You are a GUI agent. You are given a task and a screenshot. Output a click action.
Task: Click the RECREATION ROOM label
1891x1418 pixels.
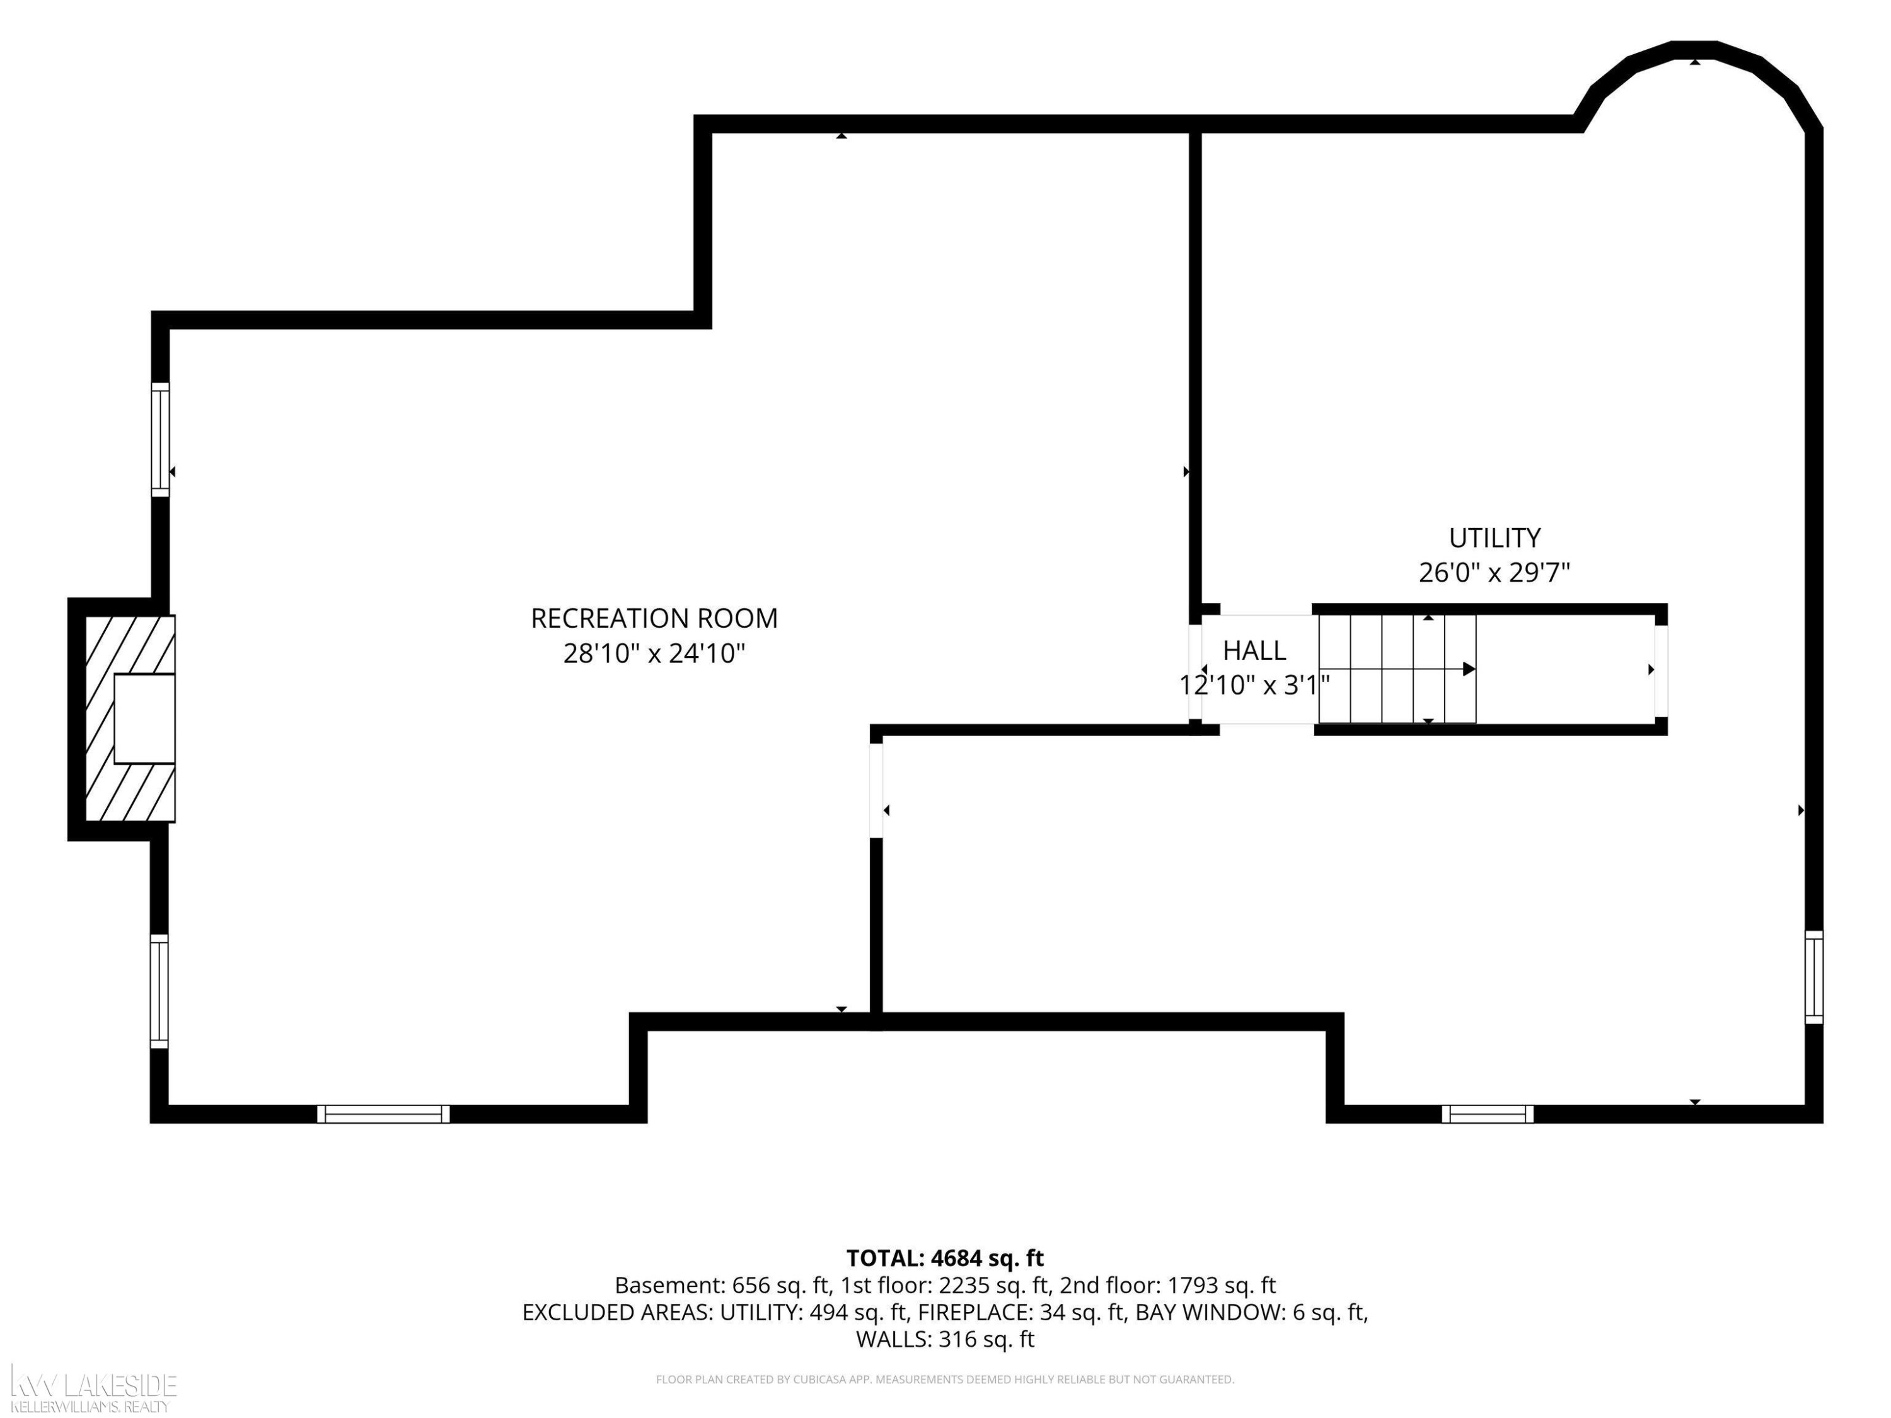(x=654, y=618)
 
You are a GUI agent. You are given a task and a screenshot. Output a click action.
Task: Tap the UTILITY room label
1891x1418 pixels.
(x=1495, y=538)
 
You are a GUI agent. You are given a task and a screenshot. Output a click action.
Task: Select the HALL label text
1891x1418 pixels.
(x=1254, y=650)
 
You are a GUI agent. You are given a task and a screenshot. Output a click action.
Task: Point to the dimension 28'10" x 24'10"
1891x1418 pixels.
(x=654, y=654)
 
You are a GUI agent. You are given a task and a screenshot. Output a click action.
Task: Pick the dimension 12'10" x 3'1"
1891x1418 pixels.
(x=1254, y=686)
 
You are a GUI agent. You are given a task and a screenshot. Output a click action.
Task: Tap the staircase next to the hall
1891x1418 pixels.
(x=1397, y=669)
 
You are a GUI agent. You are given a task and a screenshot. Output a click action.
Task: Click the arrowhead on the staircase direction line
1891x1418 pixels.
(x=1469, y=669)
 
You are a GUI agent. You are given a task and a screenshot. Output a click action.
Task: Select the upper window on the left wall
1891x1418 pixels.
(x=161, y=439)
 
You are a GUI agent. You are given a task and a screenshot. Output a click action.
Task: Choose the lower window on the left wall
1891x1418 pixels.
(x=159, y=991)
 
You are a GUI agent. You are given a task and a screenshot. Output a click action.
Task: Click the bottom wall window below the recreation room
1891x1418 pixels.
(x=383, y=1114)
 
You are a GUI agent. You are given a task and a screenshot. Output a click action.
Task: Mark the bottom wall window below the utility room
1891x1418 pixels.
(x=1488, y=1114)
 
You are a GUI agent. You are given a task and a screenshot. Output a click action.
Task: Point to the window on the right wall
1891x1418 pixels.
(x=1814, y=977)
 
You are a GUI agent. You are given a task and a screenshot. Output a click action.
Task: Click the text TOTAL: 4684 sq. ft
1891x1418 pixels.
(x=945, y=1258)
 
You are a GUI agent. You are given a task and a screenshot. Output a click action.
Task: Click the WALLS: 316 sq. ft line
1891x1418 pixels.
(x=945, y=1339)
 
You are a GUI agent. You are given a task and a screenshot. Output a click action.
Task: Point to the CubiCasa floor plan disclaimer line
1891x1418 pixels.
(x=945, y=1380)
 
